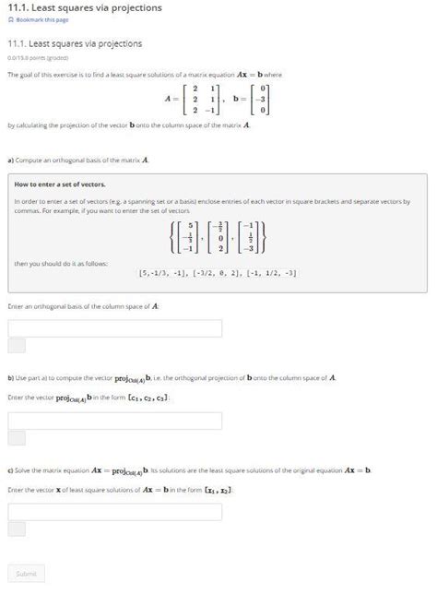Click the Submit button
(26, 573)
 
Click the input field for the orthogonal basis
(114, 328)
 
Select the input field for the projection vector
(114, 421)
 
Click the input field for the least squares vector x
(114, 512)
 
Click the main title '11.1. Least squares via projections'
(84, 7)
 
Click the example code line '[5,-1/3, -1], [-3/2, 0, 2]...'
(218, 273)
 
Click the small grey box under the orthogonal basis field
(17, 346)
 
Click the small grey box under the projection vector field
(17, 438)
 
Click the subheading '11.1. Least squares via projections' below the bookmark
(75, 43)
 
